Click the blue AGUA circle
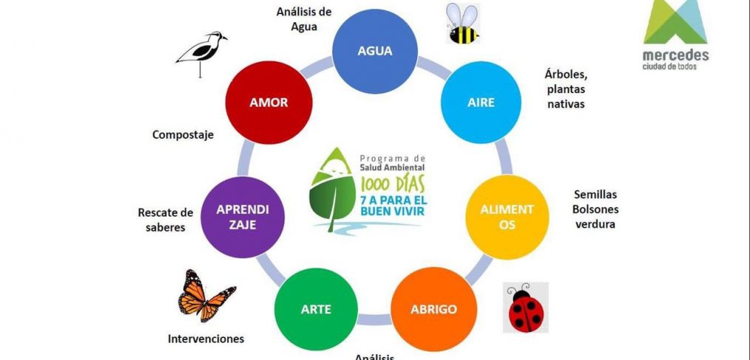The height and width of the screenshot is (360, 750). point(374,51)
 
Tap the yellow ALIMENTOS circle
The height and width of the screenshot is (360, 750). point(506,217)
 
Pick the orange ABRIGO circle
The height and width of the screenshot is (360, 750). point(433,308)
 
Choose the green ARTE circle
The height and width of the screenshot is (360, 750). point(314,308)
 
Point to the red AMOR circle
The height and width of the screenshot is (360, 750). point(268,102)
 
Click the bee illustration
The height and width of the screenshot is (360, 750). point(461,24)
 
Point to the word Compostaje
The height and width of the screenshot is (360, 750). point(183,135)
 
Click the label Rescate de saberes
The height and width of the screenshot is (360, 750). point(165,220)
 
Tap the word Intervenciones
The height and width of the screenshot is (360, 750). point(206,339)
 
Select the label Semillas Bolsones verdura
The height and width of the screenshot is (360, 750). point(595,208)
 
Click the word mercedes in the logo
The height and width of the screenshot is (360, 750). point(675,55)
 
